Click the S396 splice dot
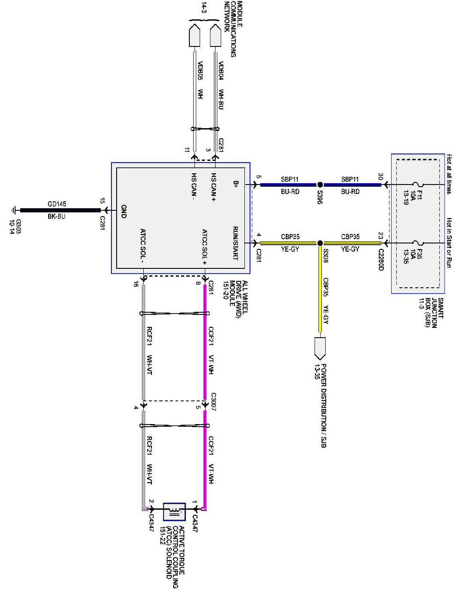[320, 185]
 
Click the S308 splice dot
[320, 243]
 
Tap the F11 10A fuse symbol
[419, 185]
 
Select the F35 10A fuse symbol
[419, 243]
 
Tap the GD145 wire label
[57, 204]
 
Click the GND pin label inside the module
[123, 211]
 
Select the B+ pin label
[235, 185]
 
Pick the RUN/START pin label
[235, 243]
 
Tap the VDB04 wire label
[221, 71]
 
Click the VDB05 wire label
[200, 71]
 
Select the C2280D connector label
[380, 260]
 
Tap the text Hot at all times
[449, 174]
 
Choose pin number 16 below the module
[136, 285]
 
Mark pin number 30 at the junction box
[380, 176]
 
